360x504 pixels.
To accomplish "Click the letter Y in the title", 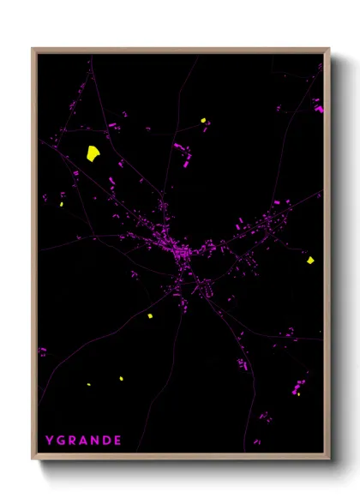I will [50, 441].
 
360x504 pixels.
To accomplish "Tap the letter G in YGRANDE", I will [61, 441].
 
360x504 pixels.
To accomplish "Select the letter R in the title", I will [72, 441].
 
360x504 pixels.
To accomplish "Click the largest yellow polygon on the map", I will [93, 153].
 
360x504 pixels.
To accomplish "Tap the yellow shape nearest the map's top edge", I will [204, 121].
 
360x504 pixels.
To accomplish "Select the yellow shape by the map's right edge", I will [310, 260].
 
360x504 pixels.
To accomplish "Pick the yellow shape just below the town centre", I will [149, 315].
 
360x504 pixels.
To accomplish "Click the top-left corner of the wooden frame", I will [33, 50].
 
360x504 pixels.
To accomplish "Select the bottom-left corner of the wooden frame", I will [33, 458].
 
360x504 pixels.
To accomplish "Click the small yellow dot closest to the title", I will [88, 384].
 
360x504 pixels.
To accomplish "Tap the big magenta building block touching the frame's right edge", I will [319, 109].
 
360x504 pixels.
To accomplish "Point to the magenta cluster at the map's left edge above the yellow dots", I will [42, 351].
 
